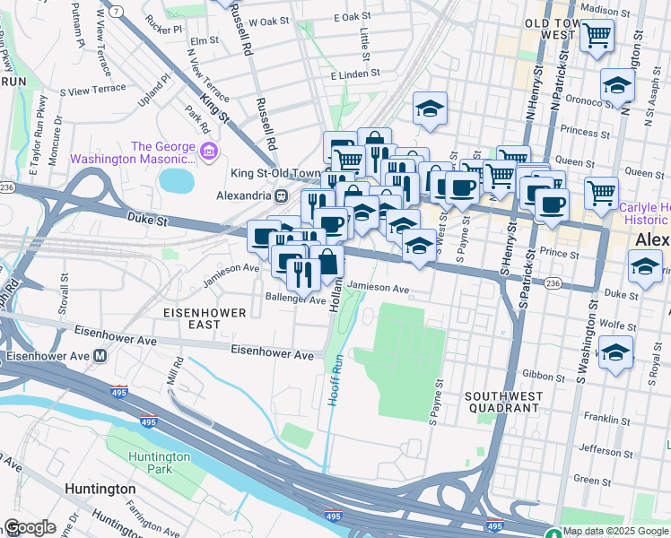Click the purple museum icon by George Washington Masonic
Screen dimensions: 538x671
(209, 149)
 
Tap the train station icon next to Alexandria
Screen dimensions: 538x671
(281, 195)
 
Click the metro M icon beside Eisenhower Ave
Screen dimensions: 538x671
(101, 355)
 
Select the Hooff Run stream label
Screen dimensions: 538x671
(336, 379)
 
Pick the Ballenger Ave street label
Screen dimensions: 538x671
(295, 299)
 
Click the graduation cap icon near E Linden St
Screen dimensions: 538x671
(431, 109)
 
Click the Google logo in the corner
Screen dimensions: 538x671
(30, 526)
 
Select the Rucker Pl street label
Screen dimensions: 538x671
(165, 28)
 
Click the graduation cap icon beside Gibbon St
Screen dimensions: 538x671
(615, 353)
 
